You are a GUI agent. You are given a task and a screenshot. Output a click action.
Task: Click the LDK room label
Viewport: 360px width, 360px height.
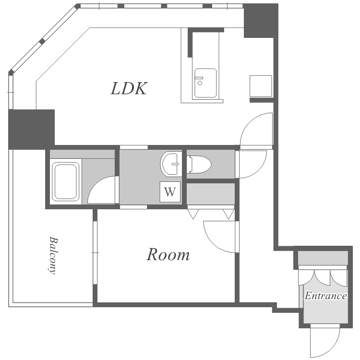click(x=129, y=89)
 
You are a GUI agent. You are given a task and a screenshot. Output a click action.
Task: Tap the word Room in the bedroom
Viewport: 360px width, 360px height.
click(x=168, y=254)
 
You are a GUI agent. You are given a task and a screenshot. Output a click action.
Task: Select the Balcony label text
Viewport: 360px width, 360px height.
click(x=53, y=255)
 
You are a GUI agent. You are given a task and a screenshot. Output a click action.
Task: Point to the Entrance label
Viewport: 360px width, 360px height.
click(x=325, y=296)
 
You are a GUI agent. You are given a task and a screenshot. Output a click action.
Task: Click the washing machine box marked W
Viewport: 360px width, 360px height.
click(x=170, y=192)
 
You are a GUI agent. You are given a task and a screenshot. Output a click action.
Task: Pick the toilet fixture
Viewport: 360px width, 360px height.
click(x=199, y=164)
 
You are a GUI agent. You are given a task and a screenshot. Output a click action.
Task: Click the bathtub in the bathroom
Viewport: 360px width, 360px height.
click(x=66, y=181)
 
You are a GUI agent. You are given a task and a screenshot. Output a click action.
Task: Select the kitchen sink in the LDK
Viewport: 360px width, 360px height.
click(x=205, y=83)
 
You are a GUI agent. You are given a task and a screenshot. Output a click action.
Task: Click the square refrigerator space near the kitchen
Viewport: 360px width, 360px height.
click(x=261, y=86)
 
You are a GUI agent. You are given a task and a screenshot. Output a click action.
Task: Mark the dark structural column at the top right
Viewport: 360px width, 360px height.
click(x=261, y=21)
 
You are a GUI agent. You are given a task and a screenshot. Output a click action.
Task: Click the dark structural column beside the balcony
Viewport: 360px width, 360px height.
click(x=32, y=129)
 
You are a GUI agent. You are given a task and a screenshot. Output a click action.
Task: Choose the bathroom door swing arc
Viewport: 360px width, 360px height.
click(x=96, y=184)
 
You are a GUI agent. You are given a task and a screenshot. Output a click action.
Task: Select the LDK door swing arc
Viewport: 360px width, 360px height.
click(x=248, y=122)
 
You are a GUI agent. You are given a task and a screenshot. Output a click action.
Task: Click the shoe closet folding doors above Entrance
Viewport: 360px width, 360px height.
click(x=323, y=277)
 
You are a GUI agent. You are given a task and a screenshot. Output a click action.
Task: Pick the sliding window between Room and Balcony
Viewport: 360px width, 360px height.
click(x=96, y=252)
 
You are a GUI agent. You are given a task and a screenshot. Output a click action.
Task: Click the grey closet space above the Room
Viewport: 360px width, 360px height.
click(x=211, y=193)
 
